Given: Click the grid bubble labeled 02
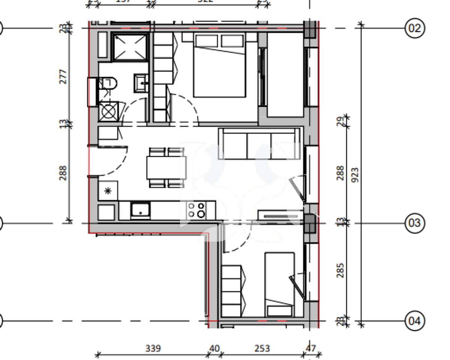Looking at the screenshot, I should [x=415, y=28].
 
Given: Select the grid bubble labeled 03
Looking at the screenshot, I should [x=415, y=223].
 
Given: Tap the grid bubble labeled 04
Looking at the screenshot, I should [x=415, y=321].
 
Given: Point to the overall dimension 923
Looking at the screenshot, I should [x=355, y=175].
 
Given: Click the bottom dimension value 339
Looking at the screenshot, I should [x=153, y=348].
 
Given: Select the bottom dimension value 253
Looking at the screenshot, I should [x=262, y=348].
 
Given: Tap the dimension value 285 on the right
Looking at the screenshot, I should [x=340, y=270].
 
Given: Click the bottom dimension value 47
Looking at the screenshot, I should [x=311, y=348].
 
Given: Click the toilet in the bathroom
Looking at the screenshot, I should [x=108, y=83].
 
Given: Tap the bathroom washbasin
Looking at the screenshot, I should [x=141, y=83].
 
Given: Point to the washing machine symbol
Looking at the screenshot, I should [x=108, y=111].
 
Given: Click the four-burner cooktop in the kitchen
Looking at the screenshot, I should [x=196, y=210].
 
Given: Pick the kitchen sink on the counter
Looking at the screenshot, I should [x=140, y=210].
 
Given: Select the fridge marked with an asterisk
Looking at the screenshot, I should [x=108, y=190].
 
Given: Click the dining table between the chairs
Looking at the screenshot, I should [x=166, y=167].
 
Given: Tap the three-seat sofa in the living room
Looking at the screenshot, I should [x=260, y=144].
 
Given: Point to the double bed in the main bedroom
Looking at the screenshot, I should [x=220, y=66].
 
